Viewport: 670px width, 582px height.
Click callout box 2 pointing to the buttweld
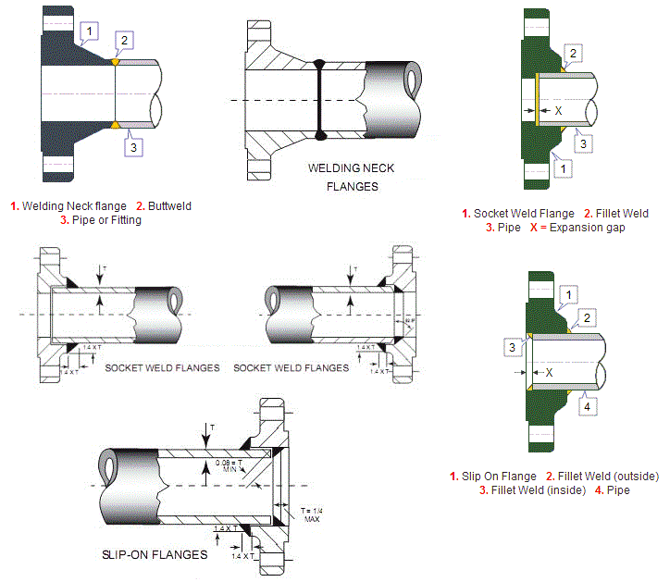[x=125, y=39]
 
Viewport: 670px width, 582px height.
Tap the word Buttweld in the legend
[x=168, y=205]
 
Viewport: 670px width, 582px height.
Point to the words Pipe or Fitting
[x=105, y=220]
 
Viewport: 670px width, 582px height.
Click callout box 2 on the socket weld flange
[x=573, y=53]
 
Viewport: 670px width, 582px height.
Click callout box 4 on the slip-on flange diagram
[x=587, y=404]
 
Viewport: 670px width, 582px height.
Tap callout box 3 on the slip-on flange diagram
[x=511, y=346]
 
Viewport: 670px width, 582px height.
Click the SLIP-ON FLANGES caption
[x=155, y=555]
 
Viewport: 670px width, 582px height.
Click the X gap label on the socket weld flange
[x=558, y=111]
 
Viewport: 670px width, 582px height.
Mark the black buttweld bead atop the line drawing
[x=319, y=65]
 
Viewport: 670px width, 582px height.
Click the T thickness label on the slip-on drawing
[x=213, y=427]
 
